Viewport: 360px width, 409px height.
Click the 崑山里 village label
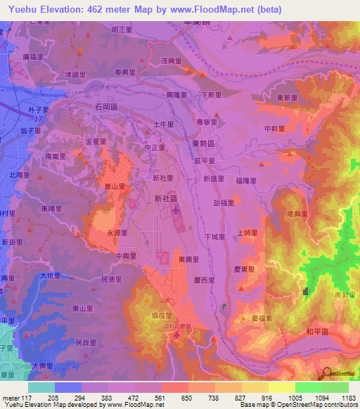(x=115, y=186)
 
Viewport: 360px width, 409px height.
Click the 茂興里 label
(x=172, y=61)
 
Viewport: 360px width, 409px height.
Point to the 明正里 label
(x=122, y=30)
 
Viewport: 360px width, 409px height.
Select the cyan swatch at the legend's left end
(x=41, y=387)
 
